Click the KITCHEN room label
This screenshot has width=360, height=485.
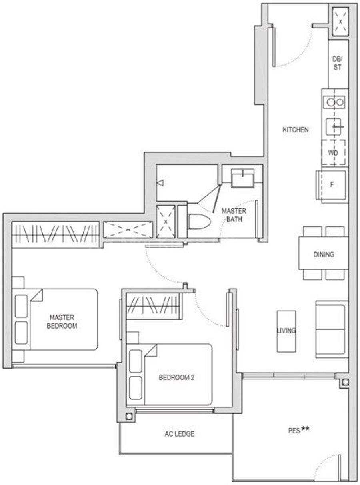296,130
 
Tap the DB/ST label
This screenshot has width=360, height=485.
338,63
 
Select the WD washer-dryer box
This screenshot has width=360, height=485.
333,152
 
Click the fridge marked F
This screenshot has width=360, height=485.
332,185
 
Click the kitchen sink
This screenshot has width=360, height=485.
334,127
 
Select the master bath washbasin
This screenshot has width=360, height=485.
243,178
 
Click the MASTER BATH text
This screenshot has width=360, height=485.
234,215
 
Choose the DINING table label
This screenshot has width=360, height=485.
324,255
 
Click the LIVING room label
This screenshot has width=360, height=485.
286,330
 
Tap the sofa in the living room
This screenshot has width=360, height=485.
332,329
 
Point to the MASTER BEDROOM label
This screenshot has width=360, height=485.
62,321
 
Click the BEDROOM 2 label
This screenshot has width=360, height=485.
176,377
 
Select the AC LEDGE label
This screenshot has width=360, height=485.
180,433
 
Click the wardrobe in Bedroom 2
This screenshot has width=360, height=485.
154,306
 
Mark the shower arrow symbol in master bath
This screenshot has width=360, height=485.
161,183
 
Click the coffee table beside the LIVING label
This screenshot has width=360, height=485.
286,331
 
